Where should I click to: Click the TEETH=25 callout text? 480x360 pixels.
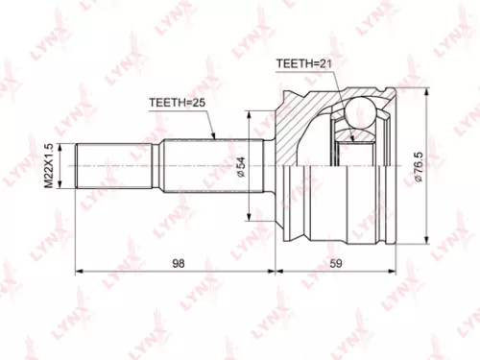pyautogui.click(x=177, y=101)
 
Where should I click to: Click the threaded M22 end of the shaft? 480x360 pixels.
pyautogui.click(x=115, y=166)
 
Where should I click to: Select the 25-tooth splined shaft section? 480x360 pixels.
pyautogui.click(x=206, y=166)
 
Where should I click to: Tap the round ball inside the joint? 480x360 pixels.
pyautogui.click(x=364, y=114)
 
